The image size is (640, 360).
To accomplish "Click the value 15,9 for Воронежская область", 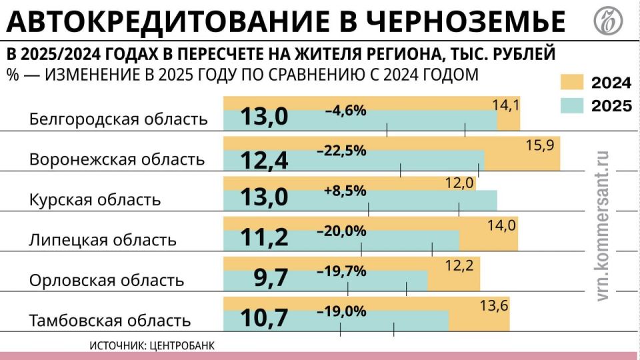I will tap(539, 145).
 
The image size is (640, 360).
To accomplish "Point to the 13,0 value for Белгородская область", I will tap(264, 117).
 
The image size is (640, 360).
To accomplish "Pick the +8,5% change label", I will tap(345, 191).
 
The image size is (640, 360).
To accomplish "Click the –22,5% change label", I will tap(341, 151).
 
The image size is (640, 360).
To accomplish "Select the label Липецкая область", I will tap(103, 239).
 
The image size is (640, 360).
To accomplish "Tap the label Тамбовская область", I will tap(110, 320).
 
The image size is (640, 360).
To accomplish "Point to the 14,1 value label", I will tap(506, 105).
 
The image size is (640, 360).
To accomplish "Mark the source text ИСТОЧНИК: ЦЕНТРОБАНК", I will tap(152, 345).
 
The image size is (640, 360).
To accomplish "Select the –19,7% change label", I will tap(341, 271).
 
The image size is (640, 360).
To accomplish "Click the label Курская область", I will tap(95, 199).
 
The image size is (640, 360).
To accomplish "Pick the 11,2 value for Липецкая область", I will tap(264, 237).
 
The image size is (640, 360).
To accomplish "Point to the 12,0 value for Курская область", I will tap(459, 183).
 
